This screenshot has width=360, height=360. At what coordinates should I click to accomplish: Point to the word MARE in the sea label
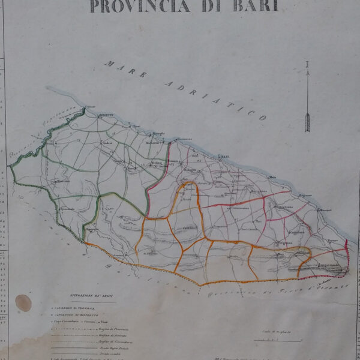point(127,70)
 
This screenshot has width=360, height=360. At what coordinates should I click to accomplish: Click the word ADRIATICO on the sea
point(216,98)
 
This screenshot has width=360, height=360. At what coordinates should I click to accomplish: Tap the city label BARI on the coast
point(226,158)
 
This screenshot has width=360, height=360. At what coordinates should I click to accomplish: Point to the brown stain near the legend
point(23,302)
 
